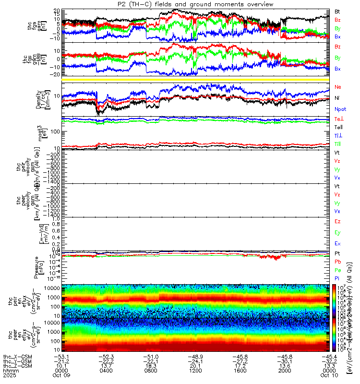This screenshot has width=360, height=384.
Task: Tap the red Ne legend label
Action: click(337, 87)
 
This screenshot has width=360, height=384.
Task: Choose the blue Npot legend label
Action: click(340, 109)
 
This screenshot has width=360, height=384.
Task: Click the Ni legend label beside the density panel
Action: click(337, 98)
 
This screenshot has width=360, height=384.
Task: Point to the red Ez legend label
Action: click(337, 221)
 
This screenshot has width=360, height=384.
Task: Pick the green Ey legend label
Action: click(337, 232)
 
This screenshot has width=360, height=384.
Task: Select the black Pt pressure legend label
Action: click(337, 253)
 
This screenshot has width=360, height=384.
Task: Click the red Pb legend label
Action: click(337, 262)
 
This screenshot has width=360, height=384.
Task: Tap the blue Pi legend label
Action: click(337, 278)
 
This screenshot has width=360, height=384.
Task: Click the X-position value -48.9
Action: click(195, 357)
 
